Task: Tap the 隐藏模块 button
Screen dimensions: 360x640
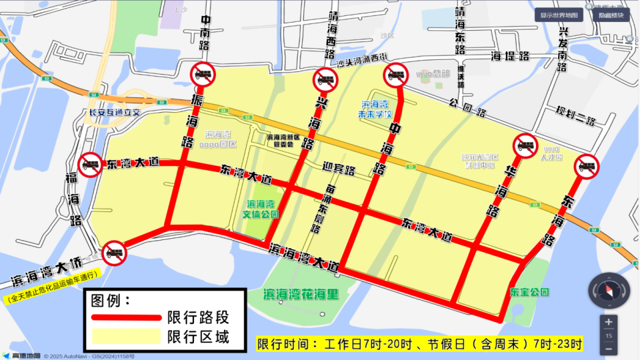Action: (611, 15)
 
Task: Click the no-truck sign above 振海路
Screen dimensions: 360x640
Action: (203, 74)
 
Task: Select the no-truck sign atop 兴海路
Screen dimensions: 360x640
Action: (325, 80)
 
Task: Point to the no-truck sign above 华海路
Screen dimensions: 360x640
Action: (525, 146)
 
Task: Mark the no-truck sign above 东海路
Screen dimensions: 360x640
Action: (587, 165)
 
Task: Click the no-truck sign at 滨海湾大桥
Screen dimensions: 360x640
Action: (114, 251)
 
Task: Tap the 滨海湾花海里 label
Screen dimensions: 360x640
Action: (301, 294)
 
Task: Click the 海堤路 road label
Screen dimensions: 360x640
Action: (510, 55)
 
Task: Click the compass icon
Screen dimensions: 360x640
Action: (608, 291)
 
